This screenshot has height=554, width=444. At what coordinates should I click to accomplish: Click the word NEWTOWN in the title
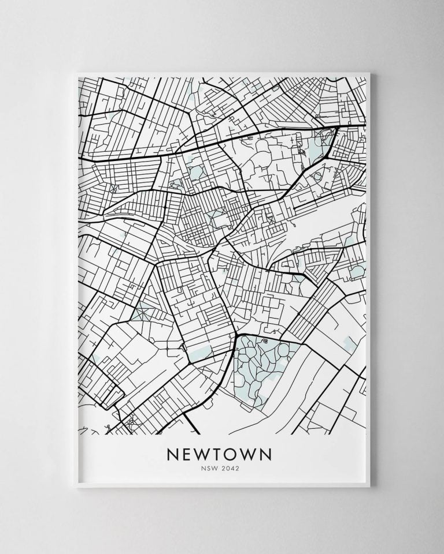(219, 455)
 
